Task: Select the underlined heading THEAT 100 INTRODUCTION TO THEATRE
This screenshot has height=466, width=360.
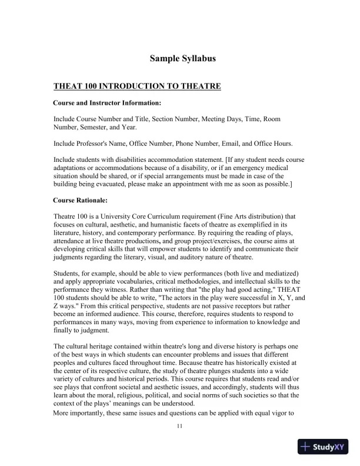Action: [137, 86]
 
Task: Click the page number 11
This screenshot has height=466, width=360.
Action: [179, 426]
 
